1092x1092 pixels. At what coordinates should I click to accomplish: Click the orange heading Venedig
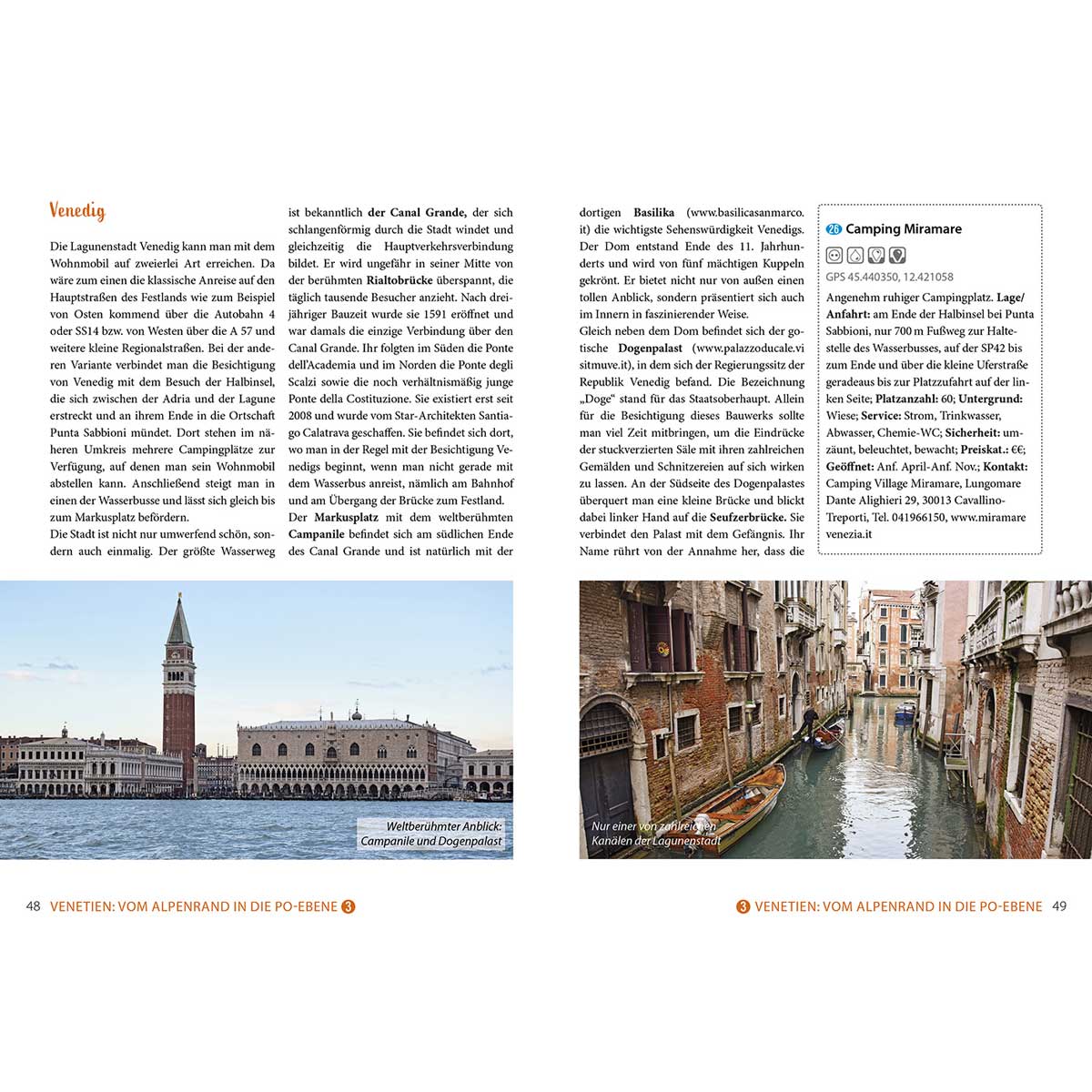pyautogui.click(x=77, y=211)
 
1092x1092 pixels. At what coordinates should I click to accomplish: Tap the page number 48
pyautogui.click(x=33, y=906)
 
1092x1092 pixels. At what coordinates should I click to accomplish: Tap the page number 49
pyautogui.click(x=1058, y=906)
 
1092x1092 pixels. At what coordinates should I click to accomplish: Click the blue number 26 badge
pyautogui.click(x=834, y=229)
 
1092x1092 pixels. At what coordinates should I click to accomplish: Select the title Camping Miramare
pyautogui.click(x=903, y=229)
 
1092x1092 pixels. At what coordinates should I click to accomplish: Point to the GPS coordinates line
pyautogui.click(x=889, y=277)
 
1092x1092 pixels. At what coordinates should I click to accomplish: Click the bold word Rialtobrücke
pyautogui.click(x=402, y=280)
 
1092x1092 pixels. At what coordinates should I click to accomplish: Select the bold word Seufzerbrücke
pyautogui.click(x=748, y=517)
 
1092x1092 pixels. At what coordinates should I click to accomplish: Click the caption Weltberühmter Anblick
pyautogui.click(x=444, y=826)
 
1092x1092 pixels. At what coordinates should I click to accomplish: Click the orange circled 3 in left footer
pyautogui.click(x=348, y=906)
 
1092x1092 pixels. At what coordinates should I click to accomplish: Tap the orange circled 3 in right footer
pyautogui.click(x=743, y=906)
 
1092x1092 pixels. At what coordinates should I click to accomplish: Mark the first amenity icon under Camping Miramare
pyautogui.click(x=834, y=255)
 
